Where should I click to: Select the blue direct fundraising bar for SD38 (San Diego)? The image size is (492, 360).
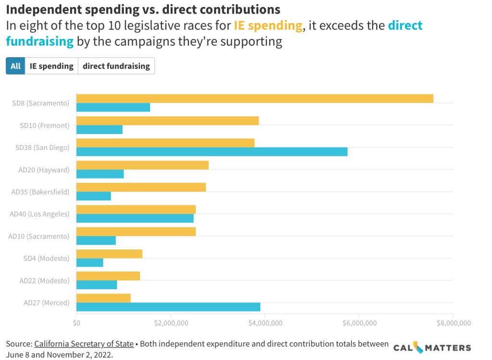pyautogui.click(x=212, y=152)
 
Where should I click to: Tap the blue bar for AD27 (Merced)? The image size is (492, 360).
pyautogui.click(x=168, y=307)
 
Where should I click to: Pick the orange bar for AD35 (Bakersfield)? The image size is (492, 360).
pyautogui.click(x=141, y=187)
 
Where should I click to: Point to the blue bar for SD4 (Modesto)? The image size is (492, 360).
pyautogui.click(x=90, y=262)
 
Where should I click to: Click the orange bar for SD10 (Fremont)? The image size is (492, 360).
pyautogui.click(x=167, y=121)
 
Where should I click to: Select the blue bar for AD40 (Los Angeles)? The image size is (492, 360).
pyautogui.click(x=135, y=218)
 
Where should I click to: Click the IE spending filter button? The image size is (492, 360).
pyautogui.click(x=51, y=66)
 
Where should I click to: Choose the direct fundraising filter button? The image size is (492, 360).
pyautogui.click(x=116, y=66)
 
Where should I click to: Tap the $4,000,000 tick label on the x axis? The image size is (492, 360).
pyautogui.click(x=265, y=323)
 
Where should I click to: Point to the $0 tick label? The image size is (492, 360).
pyautogui.click(x=76, y=323)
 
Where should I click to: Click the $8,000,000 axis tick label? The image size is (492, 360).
pyautogui.click(x=453, y=323)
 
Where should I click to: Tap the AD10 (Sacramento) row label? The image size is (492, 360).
pyautogui.click(x=39, y=236)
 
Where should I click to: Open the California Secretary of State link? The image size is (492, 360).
pyautogui.click(x=84, y=344)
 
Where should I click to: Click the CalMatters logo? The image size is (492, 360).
pyautogui.click(x=432, y=347)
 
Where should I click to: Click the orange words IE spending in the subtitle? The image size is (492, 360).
pyautogui.click(x=269, y=26)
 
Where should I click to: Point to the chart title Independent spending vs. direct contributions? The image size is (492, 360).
pyautogui.click(x=143, y=9)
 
